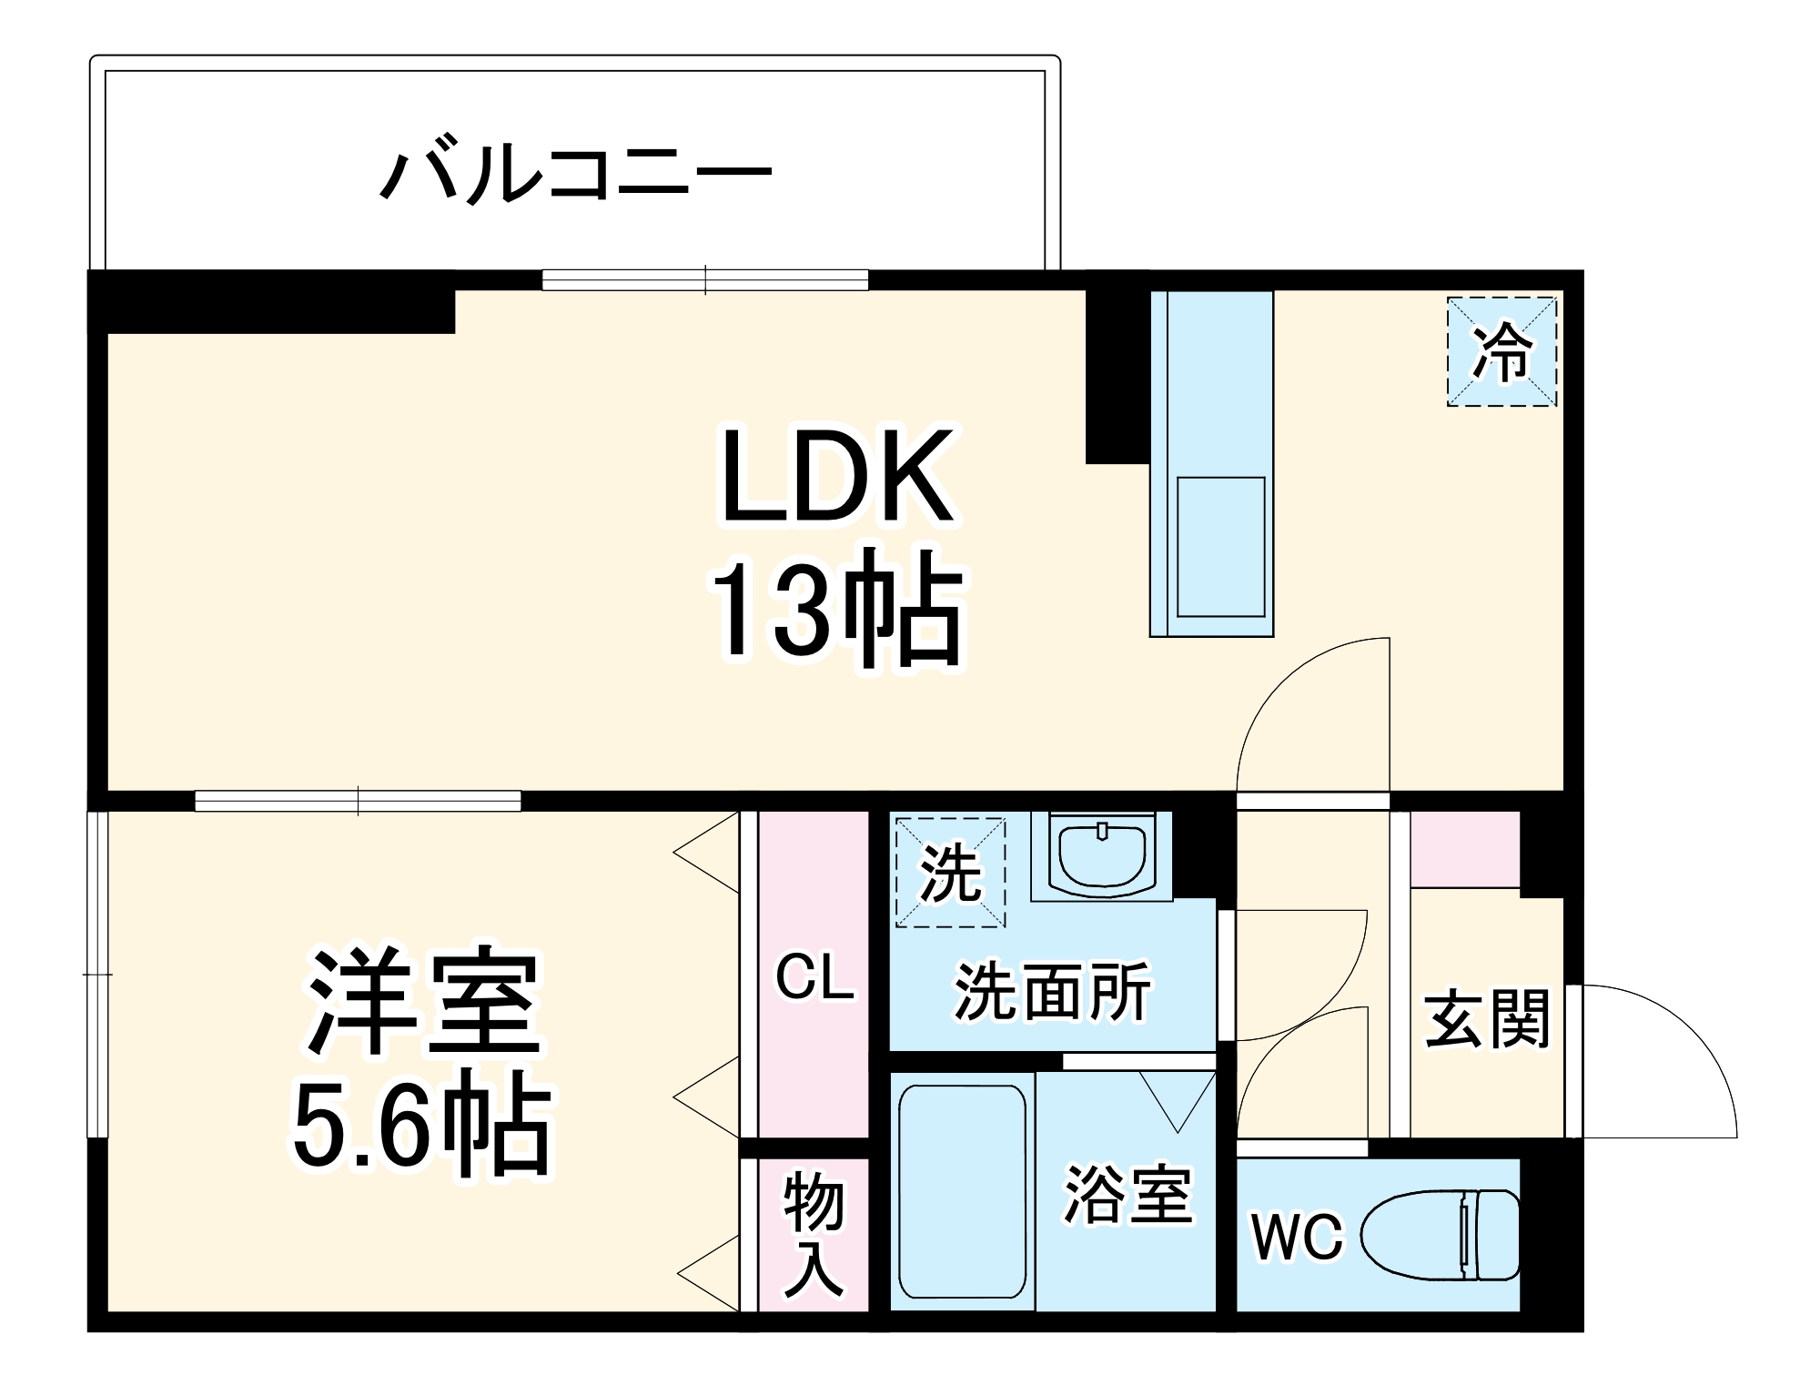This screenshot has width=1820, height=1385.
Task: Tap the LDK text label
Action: [837, 477]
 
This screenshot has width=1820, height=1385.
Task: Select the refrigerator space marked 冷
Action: [1501, 351]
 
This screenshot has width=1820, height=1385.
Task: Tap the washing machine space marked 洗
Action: [950, 873]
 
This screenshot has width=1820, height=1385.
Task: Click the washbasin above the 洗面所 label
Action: [1102, 854]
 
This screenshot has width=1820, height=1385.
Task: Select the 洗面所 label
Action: [1052, 991]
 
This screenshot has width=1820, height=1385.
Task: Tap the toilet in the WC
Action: [1442, 1235]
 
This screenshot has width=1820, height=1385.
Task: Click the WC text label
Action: [1297, 1237]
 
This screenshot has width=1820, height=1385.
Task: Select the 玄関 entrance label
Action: [1487, 1019]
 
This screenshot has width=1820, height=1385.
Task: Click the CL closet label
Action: [814, 977]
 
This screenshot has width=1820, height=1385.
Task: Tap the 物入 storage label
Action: [814, 1234]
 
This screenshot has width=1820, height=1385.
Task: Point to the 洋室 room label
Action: [424, 1002]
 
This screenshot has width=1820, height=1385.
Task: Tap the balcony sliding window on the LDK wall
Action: [705, 279]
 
